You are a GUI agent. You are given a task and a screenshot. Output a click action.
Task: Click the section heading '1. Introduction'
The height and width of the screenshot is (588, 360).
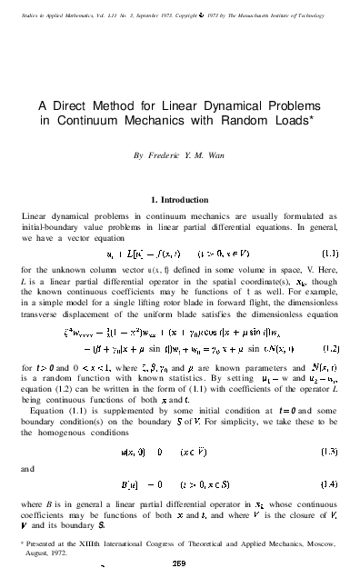click(180, 199)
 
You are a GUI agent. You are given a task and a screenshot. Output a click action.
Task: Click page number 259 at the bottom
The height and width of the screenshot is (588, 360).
click(180, 563)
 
